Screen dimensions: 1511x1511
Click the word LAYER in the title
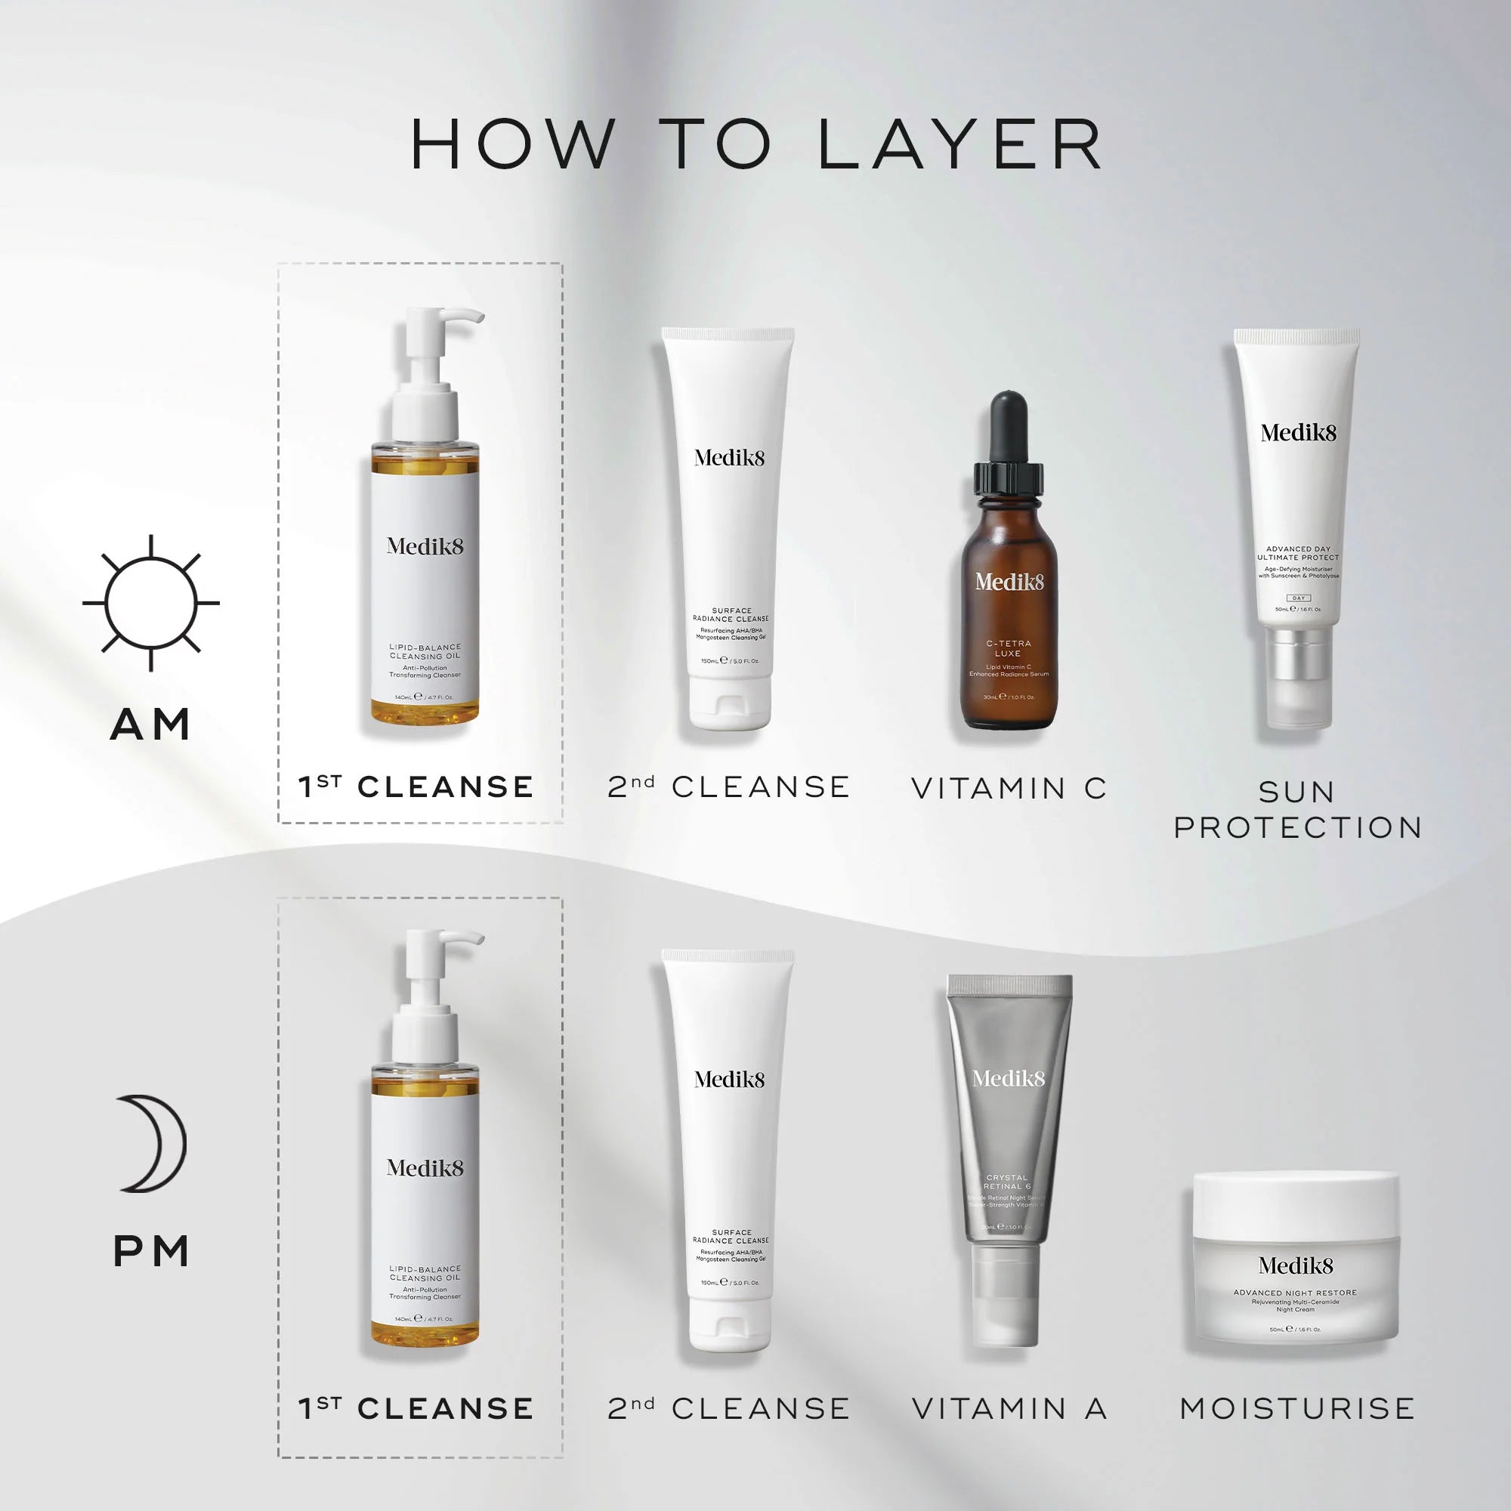pyautogui.click(x=960, y=145)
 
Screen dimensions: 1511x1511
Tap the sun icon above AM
pyautogui.click(x=151, y=603)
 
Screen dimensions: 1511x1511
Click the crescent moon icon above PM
pyautogui.click(x=154, y=1143)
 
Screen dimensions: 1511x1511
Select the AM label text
pyautogui.click(x=151, y=725)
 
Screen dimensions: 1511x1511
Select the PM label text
pyautogui.click(x=151, y=1251)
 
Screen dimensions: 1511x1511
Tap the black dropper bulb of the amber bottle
pyautogui.click(x=1009, y=426)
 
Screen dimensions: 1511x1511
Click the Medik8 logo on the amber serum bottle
pyautogui.click(x=1009, y=582)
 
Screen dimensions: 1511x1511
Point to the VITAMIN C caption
pyautogui.click(x=1009, y=788)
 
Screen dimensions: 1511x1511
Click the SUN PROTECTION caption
pyautogui.click(x=1296, y=809)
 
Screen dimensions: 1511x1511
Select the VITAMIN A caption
pyautogui.click(x=1009, y=1408)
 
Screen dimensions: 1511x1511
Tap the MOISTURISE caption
pyautogui.click(x=1296, y=1408)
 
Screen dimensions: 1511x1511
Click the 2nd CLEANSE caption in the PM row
pyautogui.click(x=729, y=1408)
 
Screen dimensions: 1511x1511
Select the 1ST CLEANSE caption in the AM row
pyautogui.click(x=416, y=786)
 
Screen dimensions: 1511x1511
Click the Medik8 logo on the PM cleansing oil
pyautogui.click(x=425, y=1168)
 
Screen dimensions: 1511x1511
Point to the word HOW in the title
pyautogui.click(x=512, y=145)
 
